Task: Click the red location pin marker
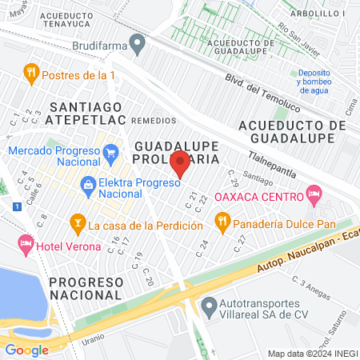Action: (181, 163)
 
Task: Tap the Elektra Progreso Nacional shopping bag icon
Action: (86, 186)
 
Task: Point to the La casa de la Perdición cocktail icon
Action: (78, 221)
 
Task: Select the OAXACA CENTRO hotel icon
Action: (314, 194)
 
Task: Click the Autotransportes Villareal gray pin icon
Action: (210, 305)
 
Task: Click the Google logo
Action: (26, 350)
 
